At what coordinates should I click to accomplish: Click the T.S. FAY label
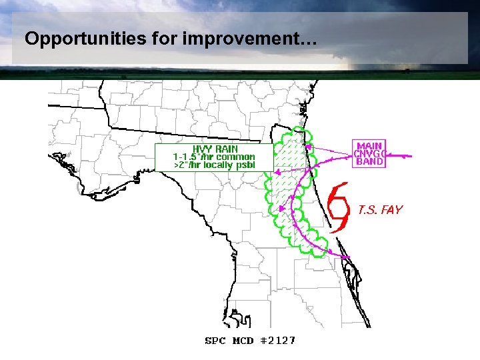380,210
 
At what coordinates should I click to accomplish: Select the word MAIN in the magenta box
370,146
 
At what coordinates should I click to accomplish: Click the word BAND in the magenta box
370,161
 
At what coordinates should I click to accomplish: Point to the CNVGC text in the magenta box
370,153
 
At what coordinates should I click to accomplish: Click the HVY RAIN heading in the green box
215,149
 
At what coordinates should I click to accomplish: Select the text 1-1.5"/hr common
214,157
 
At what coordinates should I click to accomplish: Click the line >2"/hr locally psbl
214,165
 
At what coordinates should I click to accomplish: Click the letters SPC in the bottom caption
215,341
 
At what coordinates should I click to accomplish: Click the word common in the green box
235,157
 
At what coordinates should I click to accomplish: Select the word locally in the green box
217,165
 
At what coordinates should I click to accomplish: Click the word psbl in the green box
245,165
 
